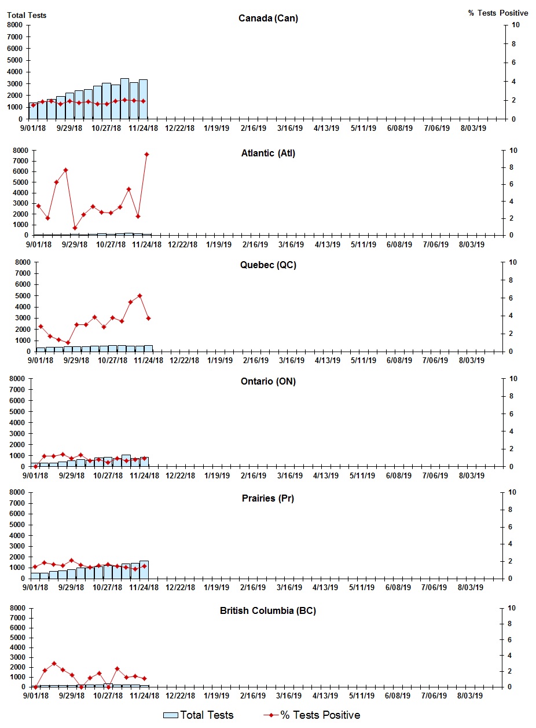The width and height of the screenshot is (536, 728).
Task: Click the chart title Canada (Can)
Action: (268, 19)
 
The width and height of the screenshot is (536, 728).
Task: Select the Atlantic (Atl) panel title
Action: (268, 153)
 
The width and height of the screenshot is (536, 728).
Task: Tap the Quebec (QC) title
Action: (268, 265)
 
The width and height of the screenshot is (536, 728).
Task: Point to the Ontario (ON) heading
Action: (268, 381)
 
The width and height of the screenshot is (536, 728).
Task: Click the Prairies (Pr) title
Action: (268, 498)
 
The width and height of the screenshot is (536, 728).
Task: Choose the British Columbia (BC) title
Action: (268, 610)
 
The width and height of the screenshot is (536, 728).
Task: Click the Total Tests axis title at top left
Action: (27, 15)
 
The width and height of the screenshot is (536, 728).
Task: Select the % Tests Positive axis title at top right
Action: (498, 13)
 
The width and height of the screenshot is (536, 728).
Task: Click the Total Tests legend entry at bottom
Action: (199, 715)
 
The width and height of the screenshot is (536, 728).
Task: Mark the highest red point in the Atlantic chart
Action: (147, 154)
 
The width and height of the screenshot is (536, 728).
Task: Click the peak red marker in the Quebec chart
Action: (139, 296)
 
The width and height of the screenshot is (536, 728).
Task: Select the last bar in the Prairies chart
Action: (144, 569)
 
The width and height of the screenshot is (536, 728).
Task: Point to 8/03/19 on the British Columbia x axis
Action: (471, 696)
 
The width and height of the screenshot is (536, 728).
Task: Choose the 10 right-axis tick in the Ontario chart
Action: (512, 379)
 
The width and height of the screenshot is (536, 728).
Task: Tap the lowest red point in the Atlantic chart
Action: (75, 228)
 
